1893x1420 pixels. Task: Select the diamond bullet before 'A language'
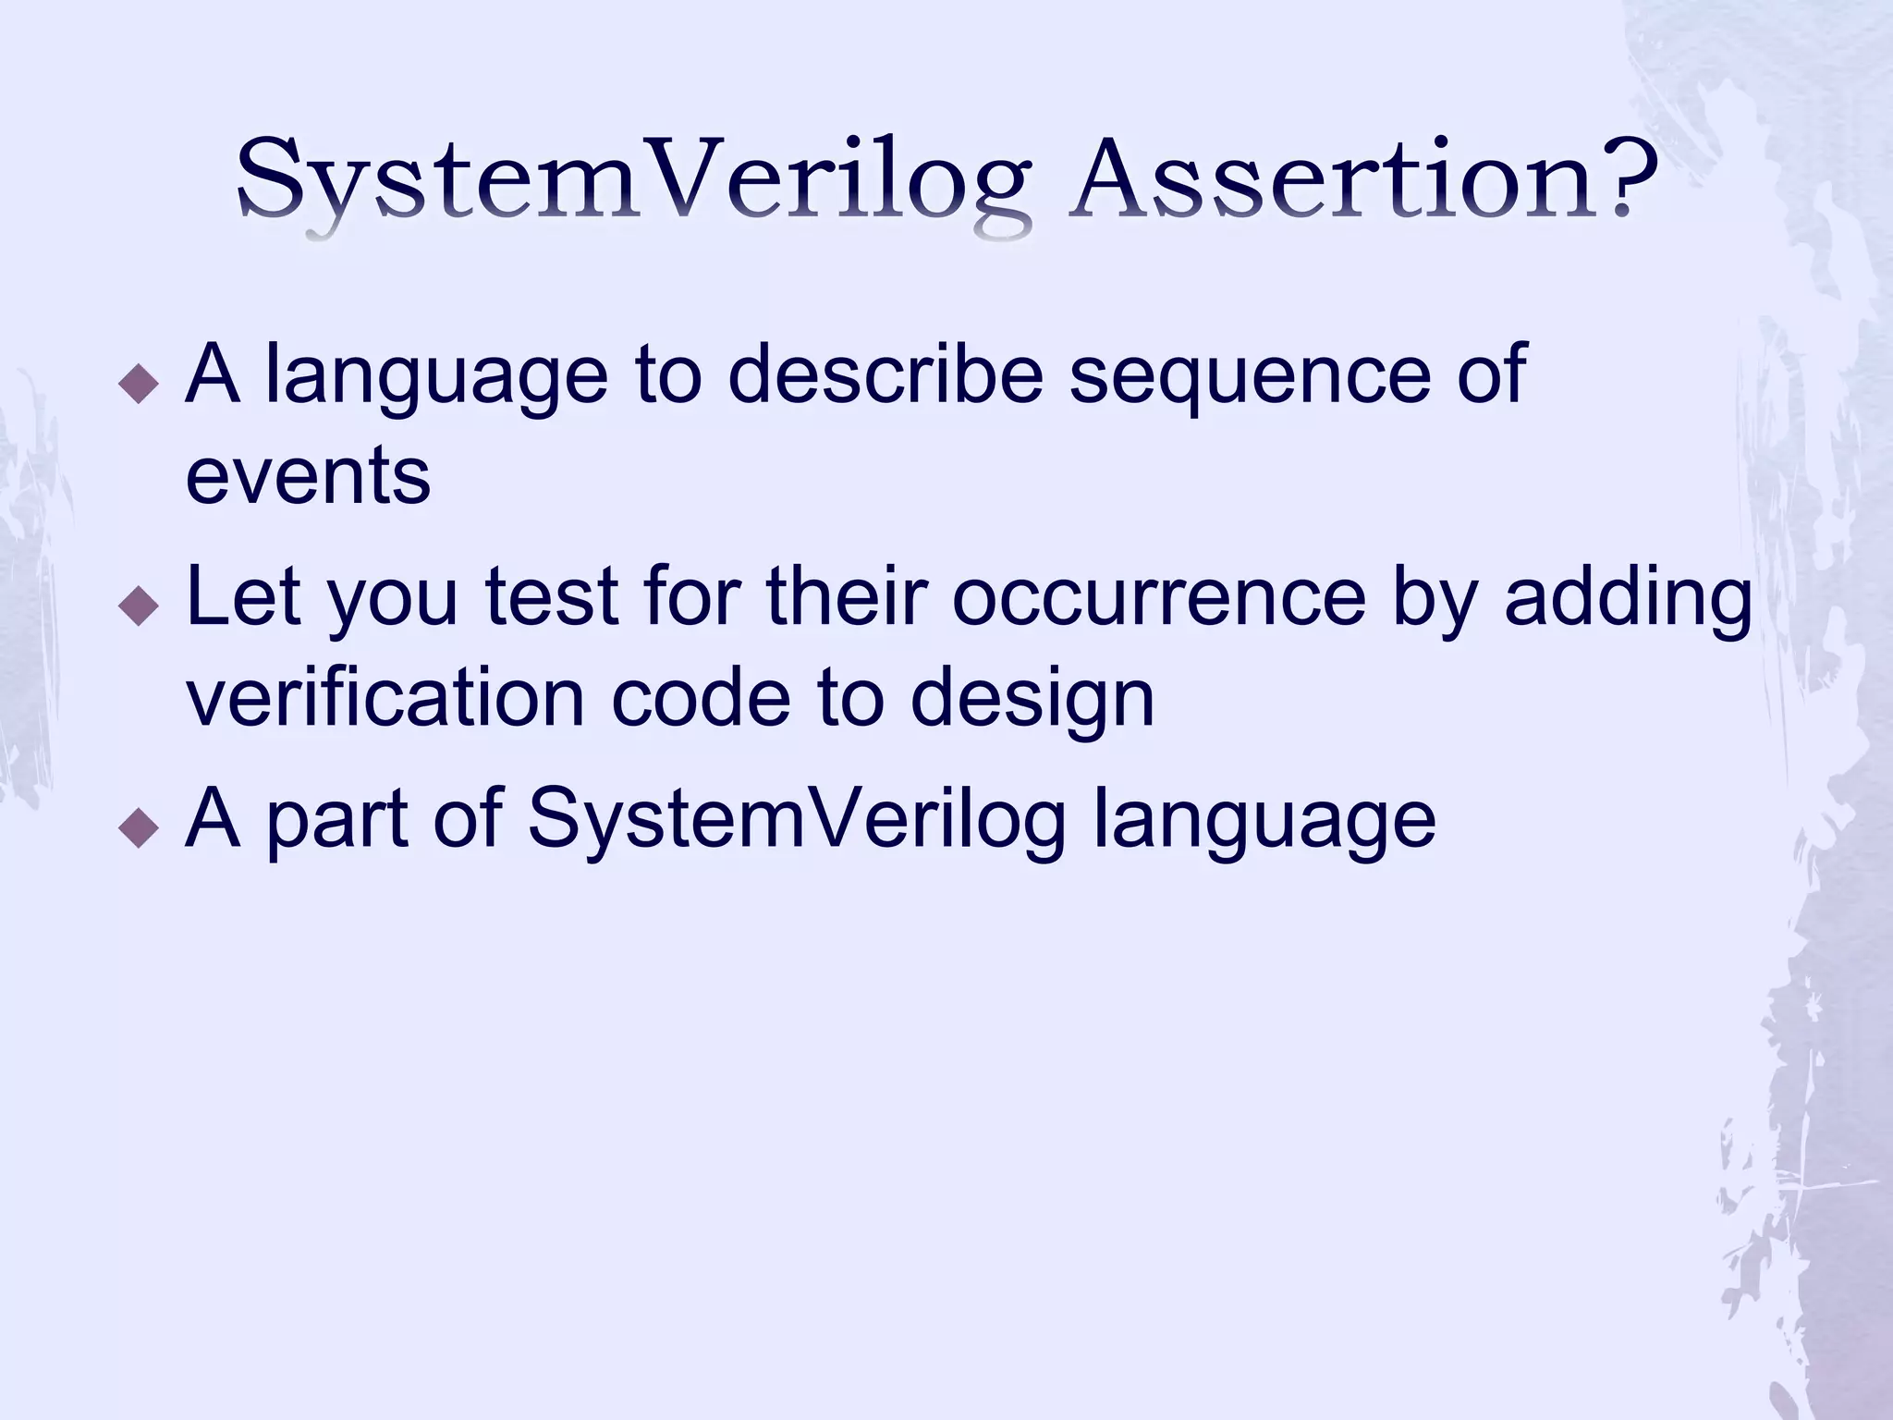point(140,382)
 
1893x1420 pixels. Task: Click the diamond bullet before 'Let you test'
point(140,605)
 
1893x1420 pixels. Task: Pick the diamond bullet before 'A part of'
point(140,826)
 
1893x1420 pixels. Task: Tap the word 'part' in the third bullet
point(337,821)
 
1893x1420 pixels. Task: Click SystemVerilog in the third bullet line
point(797,821)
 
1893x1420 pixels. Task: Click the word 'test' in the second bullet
point(552,598)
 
